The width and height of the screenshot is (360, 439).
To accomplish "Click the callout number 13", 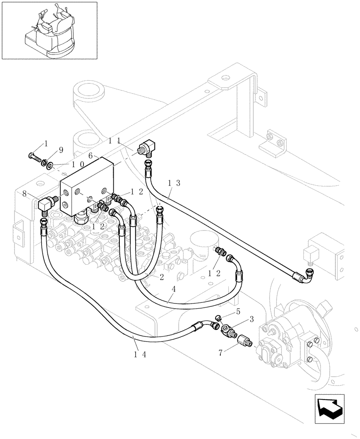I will pyautogui.click(x=173, y=183).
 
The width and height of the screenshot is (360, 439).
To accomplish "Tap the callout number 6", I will pyautogui.click(x=90, y=155).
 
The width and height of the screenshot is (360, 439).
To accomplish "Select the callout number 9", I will pyautogui.click(x=61, y=150).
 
